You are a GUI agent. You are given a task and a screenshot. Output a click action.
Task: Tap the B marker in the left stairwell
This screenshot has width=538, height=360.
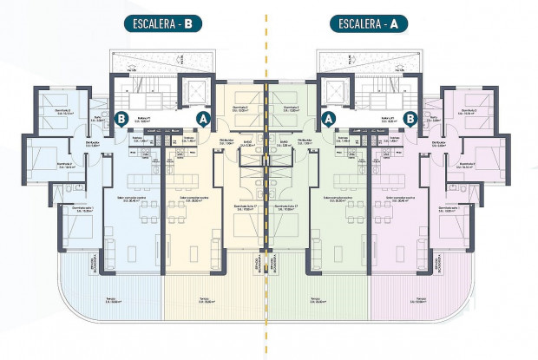pos(122,117)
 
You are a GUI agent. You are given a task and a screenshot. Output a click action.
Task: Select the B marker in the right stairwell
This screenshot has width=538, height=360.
pos(410,117)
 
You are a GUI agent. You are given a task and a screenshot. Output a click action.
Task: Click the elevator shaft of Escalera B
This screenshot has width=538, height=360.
pos(192,94)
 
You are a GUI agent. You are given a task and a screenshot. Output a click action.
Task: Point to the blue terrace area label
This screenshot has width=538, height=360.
pos(111,300)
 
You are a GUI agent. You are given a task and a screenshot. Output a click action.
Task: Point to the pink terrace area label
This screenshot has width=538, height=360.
pos(421,300)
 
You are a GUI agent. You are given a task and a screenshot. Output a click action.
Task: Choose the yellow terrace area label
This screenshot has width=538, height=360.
pos(205,300)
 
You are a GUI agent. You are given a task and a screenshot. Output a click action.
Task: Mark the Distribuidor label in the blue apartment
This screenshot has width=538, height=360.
pos(94,142)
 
